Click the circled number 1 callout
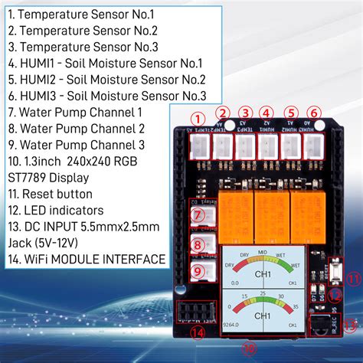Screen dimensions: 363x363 [198, 119]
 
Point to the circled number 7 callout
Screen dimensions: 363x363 [197, 216]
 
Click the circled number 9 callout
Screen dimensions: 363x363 [197, 270]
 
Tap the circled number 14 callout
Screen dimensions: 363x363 [198, 332]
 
